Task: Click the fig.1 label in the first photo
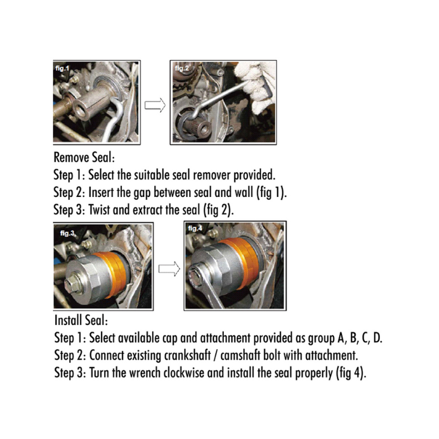coord(62,68)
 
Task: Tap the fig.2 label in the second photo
coord(182,68)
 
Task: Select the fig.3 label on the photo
coord(67,233)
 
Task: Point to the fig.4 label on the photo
coord(195,228)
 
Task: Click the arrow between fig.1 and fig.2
coord(155,105)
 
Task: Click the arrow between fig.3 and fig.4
coord(169,269)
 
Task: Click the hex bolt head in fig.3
coord(72,285)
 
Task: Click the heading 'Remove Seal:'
coord(85,157)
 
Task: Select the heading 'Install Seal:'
coord(81,320)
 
